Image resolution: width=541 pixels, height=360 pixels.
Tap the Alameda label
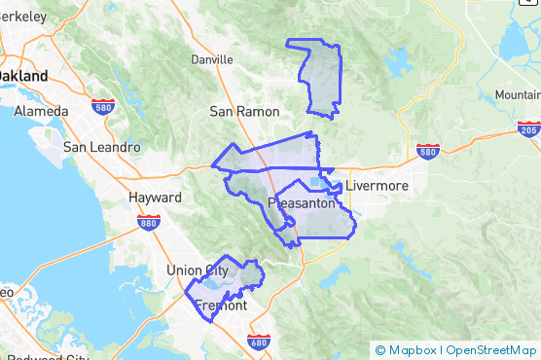click(x=41, y=111)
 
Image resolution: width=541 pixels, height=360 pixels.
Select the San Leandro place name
click(x=95, y=147)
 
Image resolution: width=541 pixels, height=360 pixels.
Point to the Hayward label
click(x=155, y=198)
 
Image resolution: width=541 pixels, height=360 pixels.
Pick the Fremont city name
click(x=221, y=306)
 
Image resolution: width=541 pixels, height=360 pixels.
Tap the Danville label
click(x=212, y=59)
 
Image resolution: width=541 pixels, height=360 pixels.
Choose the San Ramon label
click(x=244, y=112)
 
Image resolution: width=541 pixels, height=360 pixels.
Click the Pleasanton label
click(x=302, y=203)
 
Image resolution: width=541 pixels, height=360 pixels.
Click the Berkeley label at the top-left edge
click(x=21, y=17)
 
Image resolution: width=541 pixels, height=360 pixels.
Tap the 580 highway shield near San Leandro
click(x=104, y=106)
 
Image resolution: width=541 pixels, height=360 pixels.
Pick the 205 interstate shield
click(x=528, y=129)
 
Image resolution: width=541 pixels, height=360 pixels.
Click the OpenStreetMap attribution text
click(x=489, y=350)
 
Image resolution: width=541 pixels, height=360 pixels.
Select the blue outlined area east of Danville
click(x=320, y=78)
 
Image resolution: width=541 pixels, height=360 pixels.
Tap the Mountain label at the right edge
click(x=517, y=94)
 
